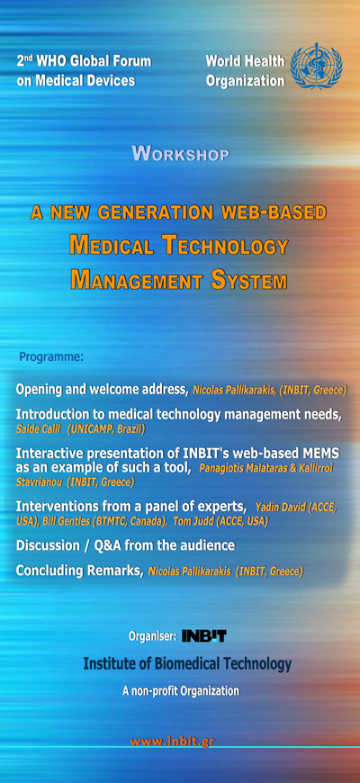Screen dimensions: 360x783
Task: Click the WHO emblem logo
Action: (x=316, y=66)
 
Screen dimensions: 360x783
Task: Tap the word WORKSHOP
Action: (x=181, y=154)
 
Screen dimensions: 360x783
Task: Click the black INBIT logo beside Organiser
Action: (x=203, y=635)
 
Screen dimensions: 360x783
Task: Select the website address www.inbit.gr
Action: (x=172, y=741)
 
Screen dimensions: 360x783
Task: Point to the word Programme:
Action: (x=51, y=357)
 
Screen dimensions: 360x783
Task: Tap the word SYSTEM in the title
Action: (x=248, y=280)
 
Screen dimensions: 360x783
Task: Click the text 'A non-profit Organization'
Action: (x=181, y=691)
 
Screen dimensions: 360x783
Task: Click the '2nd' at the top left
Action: (x=24, y=61)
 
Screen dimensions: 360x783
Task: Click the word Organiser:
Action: (x=152, y=636)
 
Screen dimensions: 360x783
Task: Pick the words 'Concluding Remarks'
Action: (x=80, y=571)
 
